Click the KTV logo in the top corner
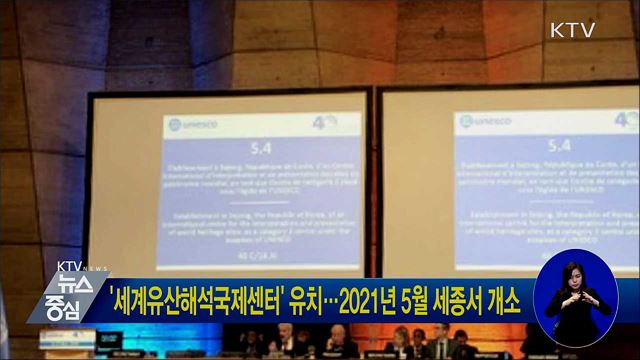coord(573,30)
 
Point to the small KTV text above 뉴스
coord(70,267)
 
